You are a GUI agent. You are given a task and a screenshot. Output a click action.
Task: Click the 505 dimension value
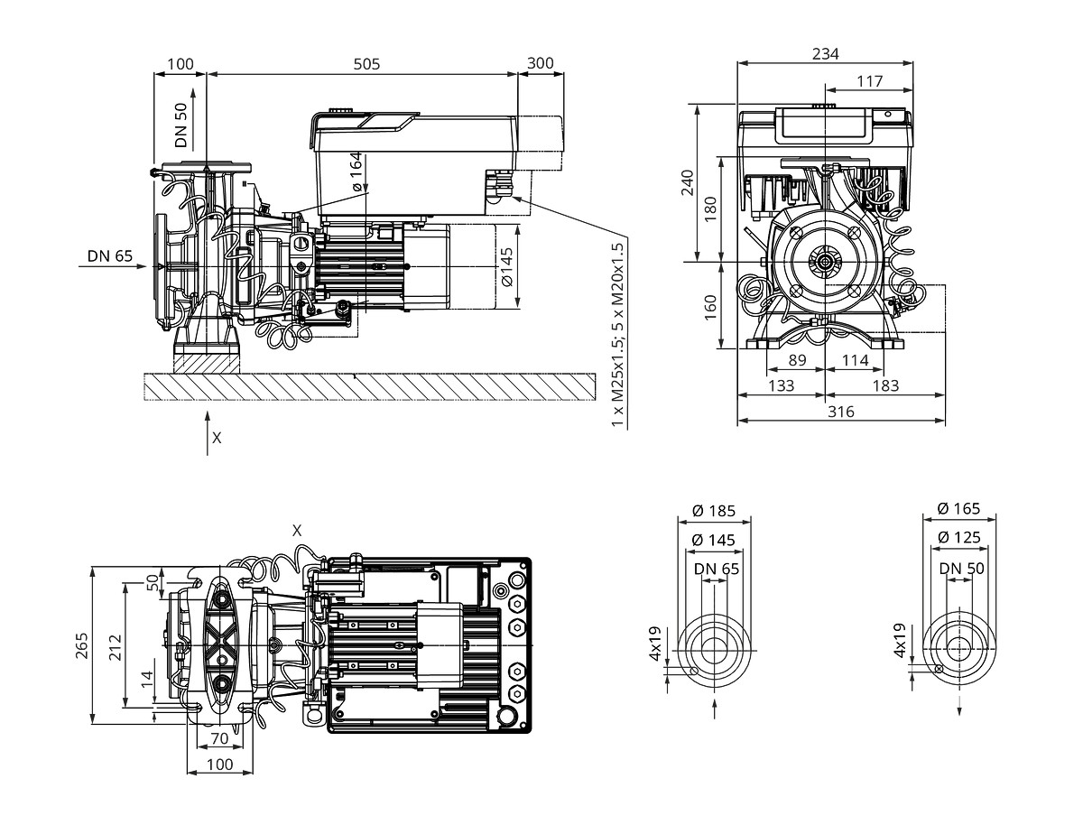click(x=366, y=64)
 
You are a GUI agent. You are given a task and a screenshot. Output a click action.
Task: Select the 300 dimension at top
click(x=541, y=63)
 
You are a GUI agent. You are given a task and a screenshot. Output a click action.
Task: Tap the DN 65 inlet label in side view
click(x=110, y=255)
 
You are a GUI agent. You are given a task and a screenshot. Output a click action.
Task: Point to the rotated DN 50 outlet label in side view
click(x=181, y=125)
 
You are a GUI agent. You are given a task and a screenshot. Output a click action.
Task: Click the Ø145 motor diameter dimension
click(x=507, y=267)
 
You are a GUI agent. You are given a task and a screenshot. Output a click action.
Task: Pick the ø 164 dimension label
click(x=356, y=171)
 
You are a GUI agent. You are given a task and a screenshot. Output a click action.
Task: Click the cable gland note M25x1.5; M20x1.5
click(x=617, y=335)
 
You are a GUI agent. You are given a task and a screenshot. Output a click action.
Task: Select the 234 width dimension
click(x=825, y=53)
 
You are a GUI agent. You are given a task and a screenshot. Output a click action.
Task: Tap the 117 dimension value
click(x=870, y=80)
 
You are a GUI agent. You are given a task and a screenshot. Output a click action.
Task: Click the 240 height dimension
click(x=688, y=183)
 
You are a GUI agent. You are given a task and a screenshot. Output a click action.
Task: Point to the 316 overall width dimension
click(x=841, y=412)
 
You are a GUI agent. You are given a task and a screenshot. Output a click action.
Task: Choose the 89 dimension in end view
click(x=798, y=360)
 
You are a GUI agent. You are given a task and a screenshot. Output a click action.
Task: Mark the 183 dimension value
click(x=885, y=385)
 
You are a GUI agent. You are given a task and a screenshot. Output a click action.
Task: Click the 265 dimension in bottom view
click(x=82, y=645)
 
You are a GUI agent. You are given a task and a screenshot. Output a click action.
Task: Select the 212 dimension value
click(x=116, y=646)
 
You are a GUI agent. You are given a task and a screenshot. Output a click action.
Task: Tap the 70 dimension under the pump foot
click(x=220, y=738)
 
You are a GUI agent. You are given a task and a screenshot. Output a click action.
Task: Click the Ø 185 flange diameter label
click(x=714, y=511)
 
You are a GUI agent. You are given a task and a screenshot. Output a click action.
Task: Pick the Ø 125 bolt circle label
click(x=958, y=537)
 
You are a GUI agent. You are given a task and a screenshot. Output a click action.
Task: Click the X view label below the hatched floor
click(x=217, y=438)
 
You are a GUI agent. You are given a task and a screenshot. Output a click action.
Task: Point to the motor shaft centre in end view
click(x=825, y=261)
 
